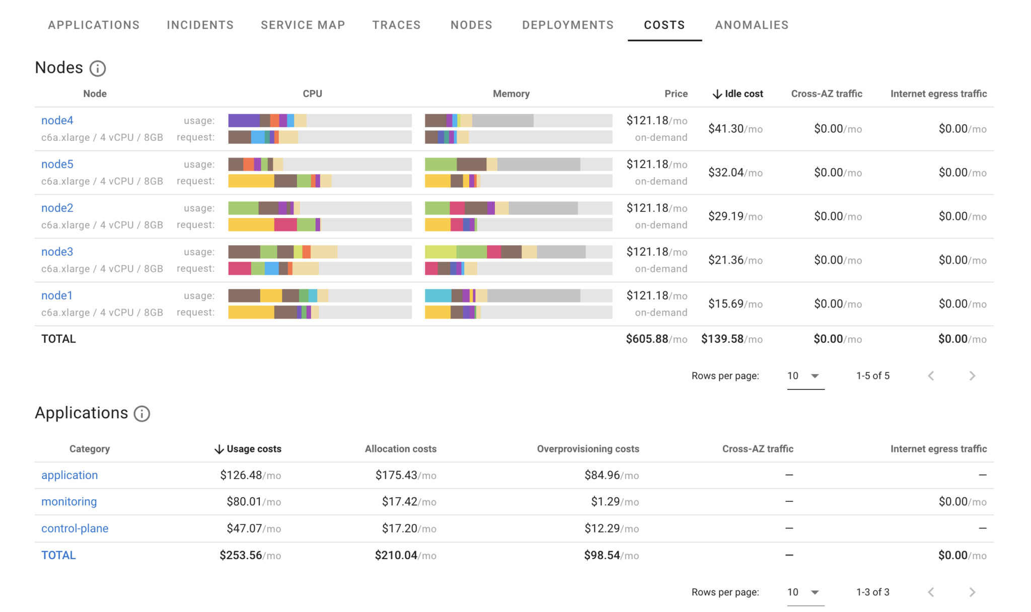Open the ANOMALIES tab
pyautogui.click(x=751, y=25)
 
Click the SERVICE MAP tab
pyautogui.click(x=303, y=25)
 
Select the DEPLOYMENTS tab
pyautogui.click(x=567, y=25)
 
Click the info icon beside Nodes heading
pyautogui.click(x=98, y=68)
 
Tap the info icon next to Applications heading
pyautogui.click(x=142, y=414)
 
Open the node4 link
pyautogui.click(x=57, y=120)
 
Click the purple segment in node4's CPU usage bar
pyautogui.click(x=244, y=120)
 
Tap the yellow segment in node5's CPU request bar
pyautogui.click(x=251, y=181)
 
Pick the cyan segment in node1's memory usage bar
pyautogui.click(x=437, y=295)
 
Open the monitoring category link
pyautogui.click(x=69, y=502)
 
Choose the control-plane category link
pyautogui.click(x=75, y=528)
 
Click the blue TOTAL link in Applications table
pyautogui.click(x=58, y=555)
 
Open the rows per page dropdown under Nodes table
pyautogui.click(x=805, y=376)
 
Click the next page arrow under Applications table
pyautogui.click(x=972, y=592)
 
